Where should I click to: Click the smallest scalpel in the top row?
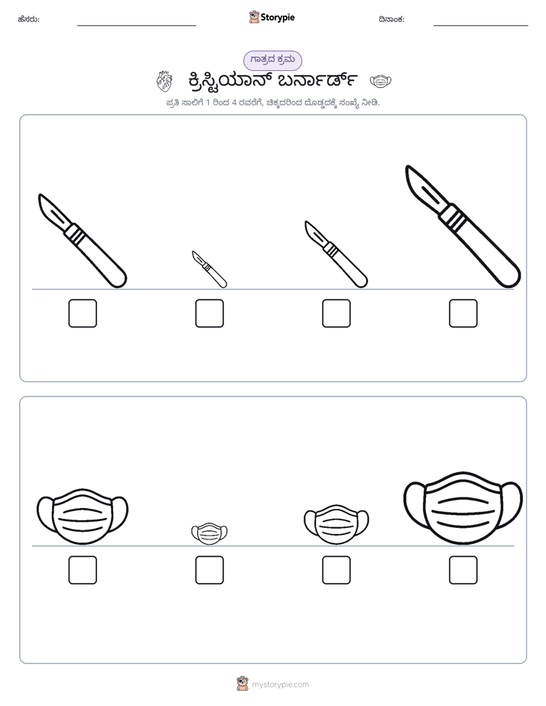pos(210,269)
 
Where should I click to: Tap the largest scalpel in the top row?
pos(463,226)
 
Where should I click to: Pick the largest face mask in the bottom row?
pos(463,508)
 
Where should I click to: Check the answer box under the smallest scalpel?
pos(210,313)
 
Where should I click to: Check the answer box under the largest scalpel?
pos(463,313)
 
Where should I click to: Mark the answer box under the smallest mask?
pos(210,570)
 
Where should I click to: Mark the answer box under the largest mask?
pos(463,570)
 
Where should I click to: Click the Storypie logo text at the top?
pos(278,18)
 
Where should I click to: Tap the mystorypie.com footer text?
pos(280,685)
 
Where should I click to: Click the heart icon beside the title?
pos(164,82)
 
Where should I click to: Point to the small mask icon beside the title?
pos(381,82)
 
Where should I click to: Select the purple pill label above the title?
pos(272,60)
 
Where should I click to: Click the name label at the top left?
pos(29,19)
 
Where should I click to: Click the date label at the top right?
pos(392,19)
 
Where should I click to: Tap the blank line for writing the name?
pos(136,26)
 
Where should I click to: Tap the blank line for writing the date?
pos(481,26)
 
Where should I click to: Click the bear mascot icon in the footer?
pos(242,684)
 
